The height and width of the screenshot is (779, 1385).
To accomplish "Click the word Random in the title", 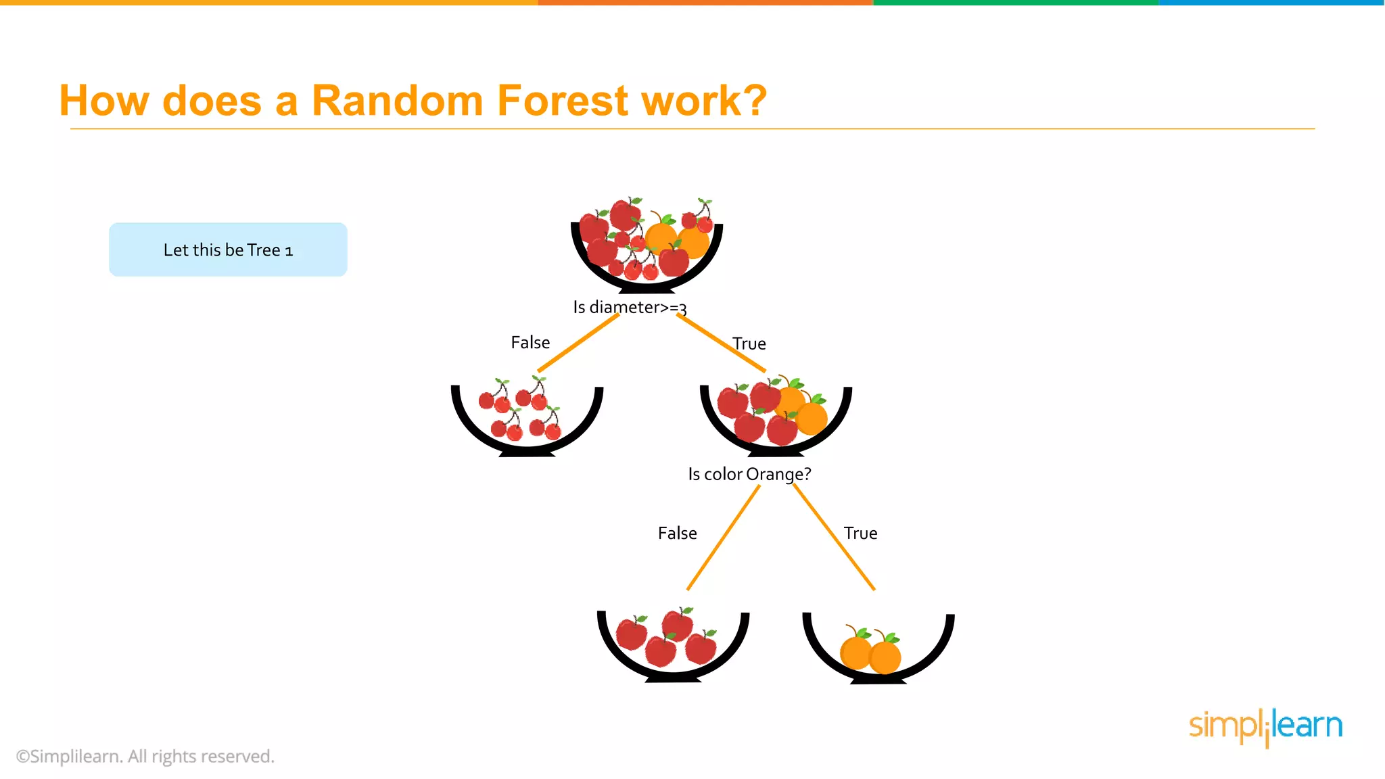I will tap(397, 101).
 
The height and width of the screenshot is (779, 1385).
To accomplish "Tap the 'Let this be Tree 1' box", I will tap(228, 250).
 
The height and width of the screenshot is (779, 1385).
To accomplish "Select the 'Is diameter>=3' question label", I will tap(630, 308).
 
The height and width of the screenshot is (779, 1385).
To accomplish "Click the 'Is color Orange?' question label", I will tap(749, 474).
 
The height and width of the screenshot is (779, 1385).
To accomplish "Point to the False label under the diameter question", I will tap(530, 343).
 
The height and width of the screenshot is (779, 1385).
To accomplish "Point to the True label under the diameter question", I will tap(749, 344).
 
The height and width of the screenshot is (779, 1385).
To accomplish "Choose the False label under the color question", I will tap(677, 534).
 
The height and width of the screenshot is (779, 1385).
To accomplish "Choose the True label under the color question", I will tap(860, 534).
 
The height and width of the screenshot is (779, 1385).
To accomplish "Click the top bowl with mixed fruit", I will tap(647, 247).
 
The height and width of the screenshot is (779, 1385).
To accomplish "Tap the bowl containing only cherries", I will tap(527, 419).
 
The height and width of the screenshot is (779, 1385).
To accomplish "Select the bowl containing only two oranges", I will tap(878, 649).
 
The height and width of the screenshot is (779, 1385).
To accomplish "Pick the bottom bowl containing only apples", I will tap(673, 646).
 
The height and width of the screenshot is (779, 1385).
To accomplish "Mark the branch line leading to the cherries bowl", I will tap(578, 343).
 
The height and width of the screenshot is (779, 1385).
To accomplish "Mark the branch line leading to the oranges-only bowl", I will tap(834, 537).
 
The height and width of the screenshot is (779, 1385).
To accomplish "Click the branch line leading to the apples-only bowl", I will tap(723, 538).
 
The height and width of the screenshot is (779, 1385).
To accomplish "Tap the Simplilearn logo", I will tap(1265, 727).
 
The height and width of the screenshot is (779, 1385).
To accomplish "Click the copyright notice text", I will tap(145, 757).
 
